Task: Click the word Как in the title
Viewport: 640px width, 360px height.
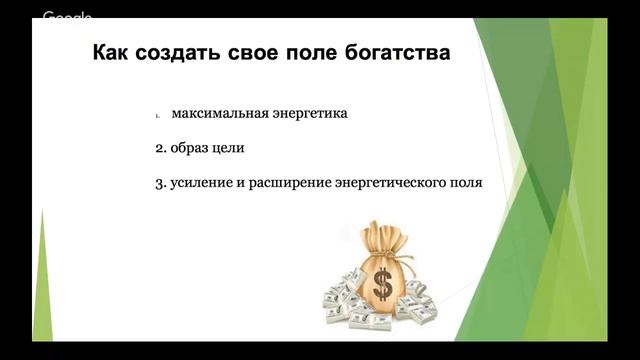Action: (x=113, y=52)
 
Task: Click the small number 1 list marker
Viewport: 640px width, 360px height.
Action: (x=158, y=115)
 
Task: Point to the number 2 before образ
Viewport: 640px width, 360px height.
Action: (x=160, y=148)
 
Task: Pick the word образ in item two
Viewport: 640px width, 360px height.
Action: (x=190, y=148)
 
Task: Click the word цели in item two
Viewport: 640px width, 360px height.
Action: (x=229, y=148)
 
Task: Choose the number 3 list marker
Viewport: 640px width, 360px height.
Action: (x=160, y=184)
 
